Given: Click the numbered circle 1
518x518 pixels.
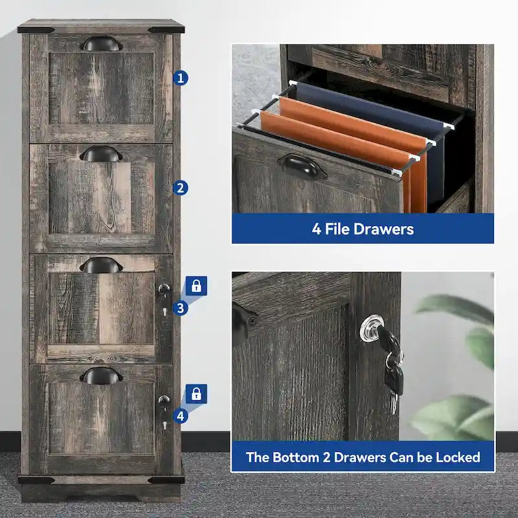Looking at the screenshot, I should coord(181,78).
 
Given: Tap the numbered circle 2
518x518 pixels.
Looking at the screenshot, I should coord(181,188).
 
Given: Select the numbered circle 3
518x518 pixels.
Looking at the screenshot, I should coord(181,308).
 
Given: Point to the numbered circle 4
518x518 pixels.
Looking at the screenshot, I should coord(181,416).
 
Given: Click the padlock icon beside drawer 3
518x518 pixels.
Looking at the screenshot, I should coord(197,286).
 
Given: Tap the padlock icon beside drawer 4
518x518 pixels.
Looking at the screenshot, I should coord(197,394).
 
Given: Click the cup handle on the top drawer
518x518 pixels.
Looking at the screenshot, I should coord(100,44).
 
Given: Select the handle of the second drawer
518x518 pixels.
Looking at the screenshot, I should coord(100,154).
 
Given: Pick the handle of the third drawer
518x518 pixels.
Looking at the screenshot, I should coord(100,265).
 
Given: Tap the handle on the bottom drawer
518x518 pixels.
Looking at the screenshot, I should coord(100,375).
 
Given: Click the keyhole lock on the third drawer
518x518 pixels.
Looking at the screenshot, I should coord(164,289).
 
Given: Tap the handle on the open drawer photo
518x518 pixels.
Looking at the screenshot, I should coord(302,166).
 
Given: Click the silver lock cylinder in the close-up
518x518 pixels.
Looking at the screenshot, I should coord(372,327).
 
